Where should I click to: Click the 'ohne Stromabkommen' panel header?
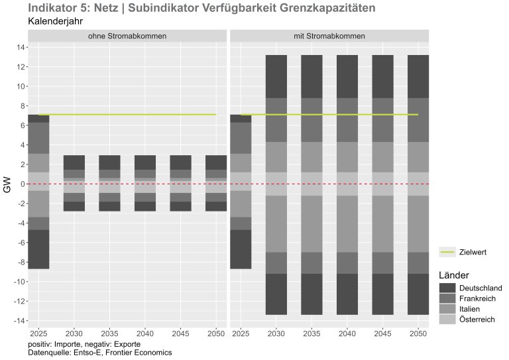pyautogui.click(x=127, y=35)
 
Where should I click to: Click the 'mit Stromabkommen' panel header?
pyautogui.click(x=329, y=35)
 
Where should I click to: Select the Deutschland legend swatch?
pyautogui.click(x=447, y=288)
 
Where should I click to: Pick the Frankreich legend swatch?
pyautogui.click(x=447, y=298)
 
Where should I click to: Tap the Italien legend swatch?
pyautogui.click(x=447, y=309)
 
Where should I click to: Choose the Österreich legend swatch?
pyautogui.click(x=447, y=320)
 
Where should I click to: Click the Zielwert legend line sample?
pyautogui.click(x=447, y=253)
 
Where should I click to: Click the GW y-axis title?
pyautogui.click(x=8, y=184)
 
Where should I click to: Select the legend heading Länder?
pyautogui.click(x=454, y=274)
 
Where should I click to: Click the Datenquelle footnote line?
pyautogui.click(x=100, y=353)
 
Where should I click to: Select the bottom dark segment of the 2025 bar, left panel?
pyautogui.click(x=38, y=249)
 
